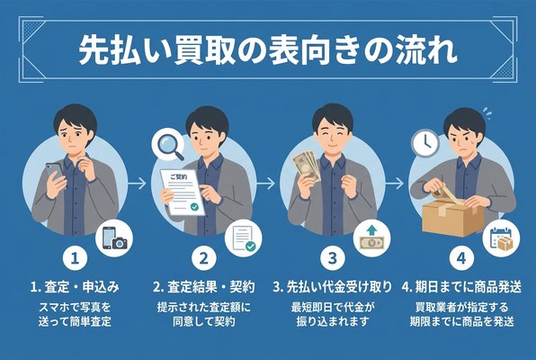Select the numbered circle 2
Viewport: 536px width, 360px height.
[x=204, y=258]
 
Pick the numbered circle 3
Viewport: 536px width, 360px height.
[x=332, y=258]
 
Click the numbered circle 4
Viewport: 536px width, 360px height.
[x=460, y=258]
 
